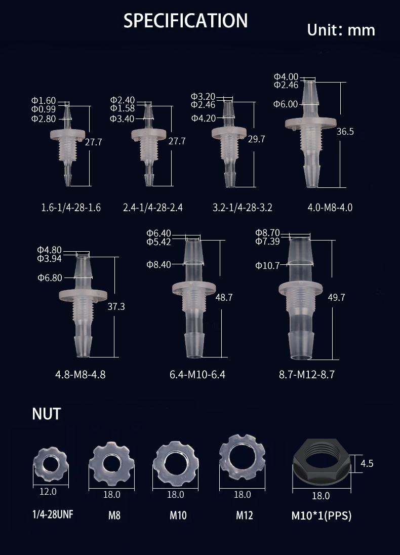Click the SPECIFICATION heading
[x=185, y=21]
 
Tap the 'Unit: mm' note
[x=341, y=30]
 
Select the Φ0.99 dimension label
[x=44, y=109]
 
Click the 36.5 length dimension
[x=345, y=132]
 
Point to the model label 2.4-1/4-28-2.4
[x=153, y=208]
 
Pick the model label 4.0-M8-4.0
[x=330, y=208]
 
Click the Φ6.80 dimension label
[x=50, y=278]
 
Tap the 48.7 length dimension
[x=224, y=297]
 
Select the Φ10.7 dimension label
[x=268, y=265]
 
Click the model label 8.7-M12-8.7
[x=307, y=375]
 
